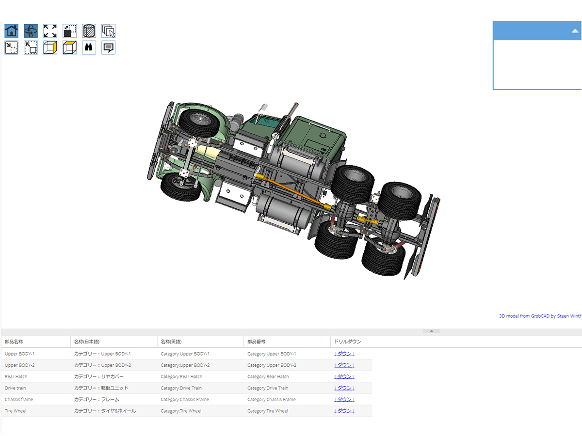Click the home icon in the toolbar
tap(12, 31)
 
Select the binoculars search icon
tap(89, 47)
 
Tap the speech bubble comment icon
tap(109, 47)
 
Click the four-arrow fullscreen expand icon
tap(50, 31)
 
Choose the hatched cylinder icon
tap(89, 31)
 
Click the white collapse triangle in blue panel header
tap(575, 31)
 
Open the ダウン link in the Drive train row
tap(344, 388)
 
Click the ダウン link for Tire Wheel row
tap(344, 411)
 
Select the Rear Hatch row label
tap(16, 377)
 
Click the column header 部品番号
tap(256, 342)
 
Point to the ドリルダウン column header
tap(347, 342)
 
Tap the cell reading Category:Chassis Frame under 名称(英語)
tap(185, 400)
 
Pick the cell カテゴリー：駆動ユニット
tap(101, 388)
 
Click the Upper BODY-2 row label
tap(19, 365)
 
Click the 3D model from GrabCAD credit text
tap(540, 316)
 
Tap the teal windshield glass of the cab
tap(265, 122)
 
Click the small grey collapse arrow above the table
tap(431, 331)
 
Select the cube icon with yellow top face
tap(69, 47)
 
